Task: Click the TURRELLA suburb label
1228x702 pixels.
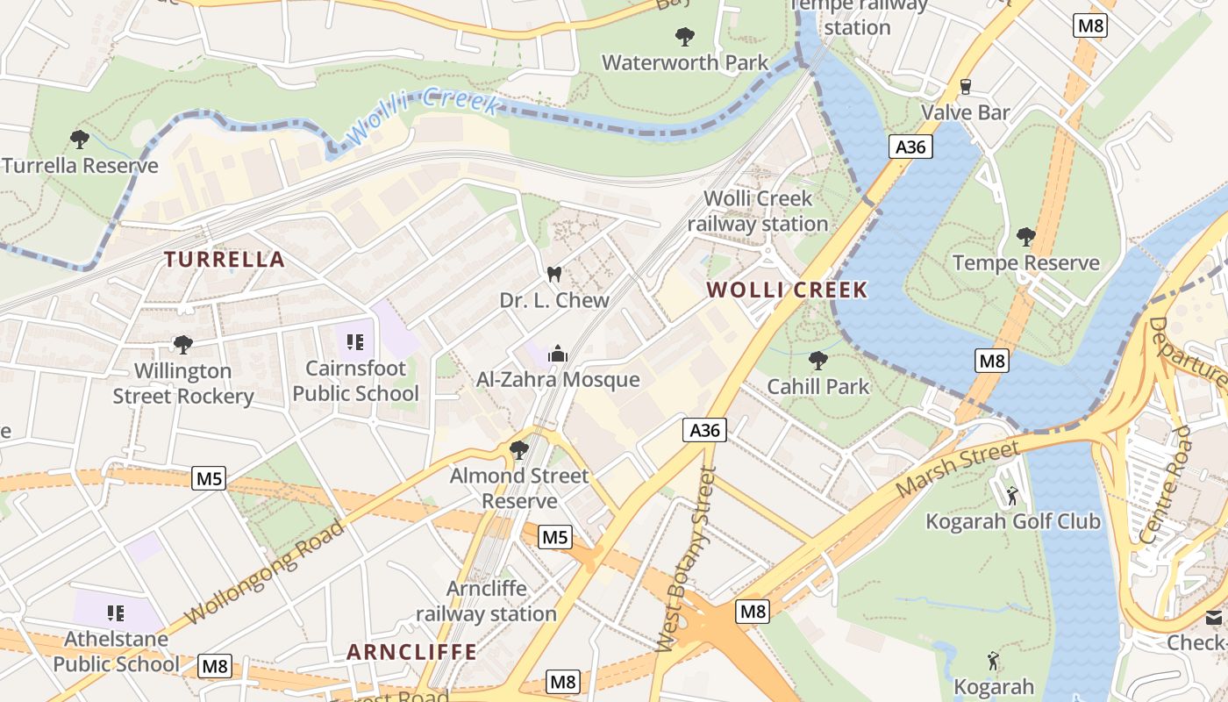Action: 225,260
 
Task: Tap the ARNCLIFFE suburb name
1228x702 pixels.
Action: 412,652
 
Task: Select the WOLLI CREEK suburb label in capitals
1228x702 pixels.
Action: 787,290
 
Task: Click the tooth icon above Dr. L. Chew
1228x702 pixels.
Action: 553,274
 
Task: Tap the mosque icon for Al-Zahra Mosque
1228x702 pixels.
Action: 557,355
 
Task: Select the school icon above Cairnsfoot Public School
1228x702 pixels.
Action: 355,341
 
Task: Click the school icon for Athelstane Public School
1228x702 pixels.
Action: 115,612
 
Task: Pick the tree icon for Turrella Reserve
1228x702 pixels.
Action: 80,139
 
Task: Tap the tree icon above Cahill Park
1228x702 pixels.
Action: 817,360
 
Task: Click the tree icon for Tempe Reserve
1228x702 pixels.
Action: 1025,236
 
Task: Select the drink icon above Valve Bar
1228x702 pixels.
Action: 966,86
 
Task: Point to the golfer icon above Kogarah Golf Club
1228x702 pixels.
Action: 1012,496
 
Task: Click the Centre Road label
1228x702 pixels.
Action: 1166,484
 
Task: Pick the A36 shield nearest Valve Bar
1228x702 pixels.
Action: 910,147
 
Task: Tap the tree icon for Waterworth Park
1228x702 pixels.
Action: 685,36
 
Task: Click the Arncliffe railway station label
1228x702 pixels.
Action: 487,601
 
